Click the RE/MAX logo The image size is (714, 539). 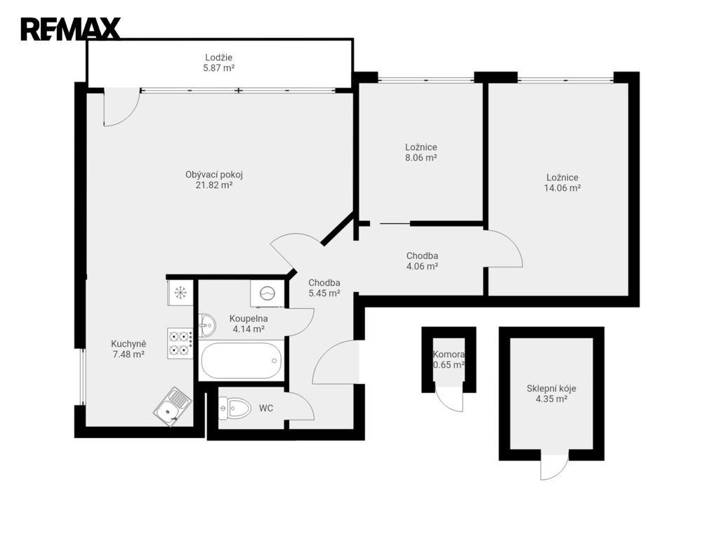tap(71, 29)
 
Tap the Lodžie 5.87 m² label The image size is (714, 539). tap(219, 63)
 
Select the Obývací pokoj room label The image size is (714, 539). tap(214, 180)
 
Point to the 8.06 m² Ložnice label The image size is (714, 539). tap(421, 152)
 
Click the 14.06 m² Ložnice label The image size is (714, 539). tap(562, 182)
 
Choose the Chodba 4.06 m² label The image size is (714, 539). tap(422, 261)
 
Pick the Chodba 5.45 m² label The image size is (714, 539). tap(324, 288)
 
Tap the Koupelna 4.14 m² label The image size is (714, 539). tap(249, 324)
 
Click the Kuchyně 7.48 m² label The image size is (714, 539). tap(128, 350)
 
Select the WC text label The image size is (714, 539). tap(266, 408)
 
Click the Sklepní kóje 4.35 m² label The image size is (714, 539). tap(551, 394)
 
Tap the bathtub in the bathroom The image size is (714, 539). tap(240, 361)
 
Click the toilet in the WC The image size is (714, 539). tap(235, 408)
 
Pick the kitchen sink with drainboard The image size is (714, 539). tap(172, 406)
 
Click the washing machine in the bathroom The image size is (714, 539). tap(267, 293)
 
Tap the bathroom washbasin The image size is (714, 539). tap(207, 325)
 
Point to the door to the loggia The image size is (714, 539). tap(121, 107)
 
